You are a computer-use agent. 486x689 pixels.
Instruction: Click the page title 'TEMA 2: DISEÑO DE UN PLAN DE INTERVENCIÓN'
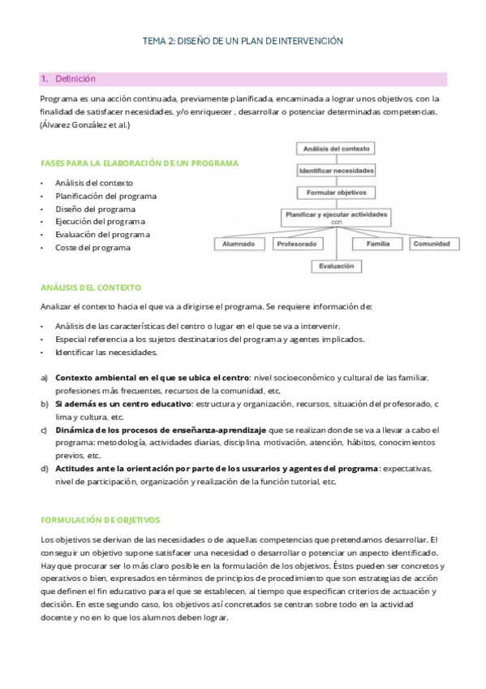coord(243,40)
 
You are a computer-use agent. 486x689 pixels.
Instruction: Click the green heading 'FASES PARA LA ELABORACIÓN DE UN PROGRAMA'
coord(139,163)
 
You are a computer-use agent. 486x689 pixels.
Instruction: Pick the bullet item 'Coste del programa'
coord(92,248)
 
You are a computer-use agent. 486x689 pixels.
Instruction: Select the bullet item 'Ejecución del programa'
coord(100,222)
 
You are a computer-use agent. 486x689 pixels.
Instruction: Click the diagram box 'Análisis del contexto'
coord(336,149)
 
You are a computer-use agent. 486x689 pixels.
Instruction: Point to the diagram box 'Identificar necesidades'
coord(336,171)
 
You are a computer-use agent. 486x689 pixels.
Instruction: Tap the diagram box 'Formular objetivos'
coord(336,193)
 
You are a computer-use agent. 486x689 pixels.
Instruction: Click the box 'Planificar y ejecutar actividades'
coord(336,215)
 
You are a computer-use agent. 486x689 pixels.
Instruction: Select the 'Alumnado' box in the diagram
coord(239,244)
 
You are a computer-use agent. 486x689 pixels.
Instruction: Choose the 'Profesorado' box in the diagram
coord(296,244)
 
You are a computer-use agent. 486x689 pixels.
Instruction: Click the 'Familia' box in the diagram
coord(377,244)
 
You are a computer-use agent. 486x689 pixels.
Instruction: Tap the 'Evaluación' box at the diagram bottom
coord(336,266)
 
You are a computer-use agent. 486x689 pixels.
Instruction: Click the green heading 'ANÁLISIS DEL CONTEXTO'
coord(91,288)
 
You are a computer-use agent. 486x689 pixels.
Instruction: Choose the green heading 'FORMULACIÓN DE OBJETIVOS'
coord(100,519)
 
